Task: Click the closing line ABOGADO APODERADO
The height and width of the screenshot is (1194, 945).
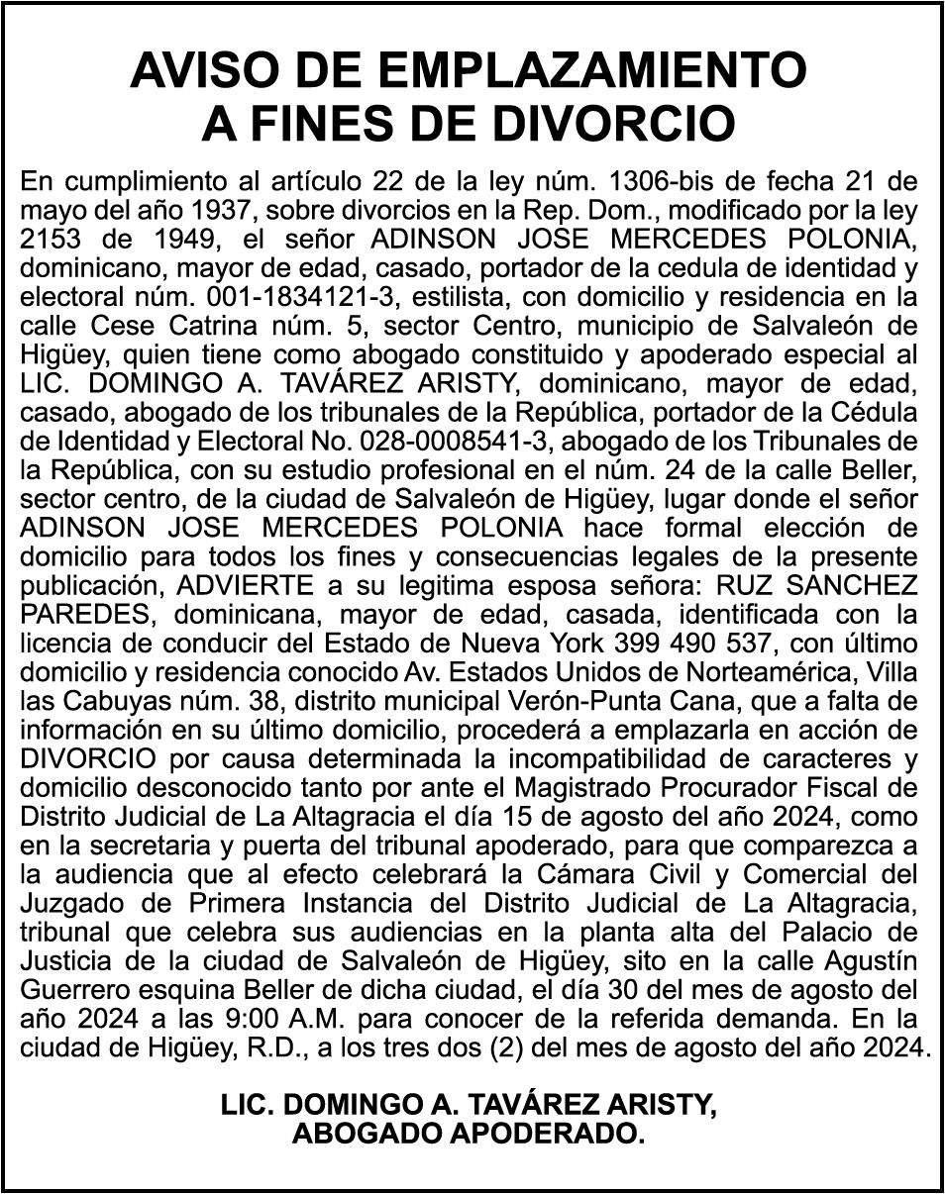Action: [x=469, y=1134]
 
